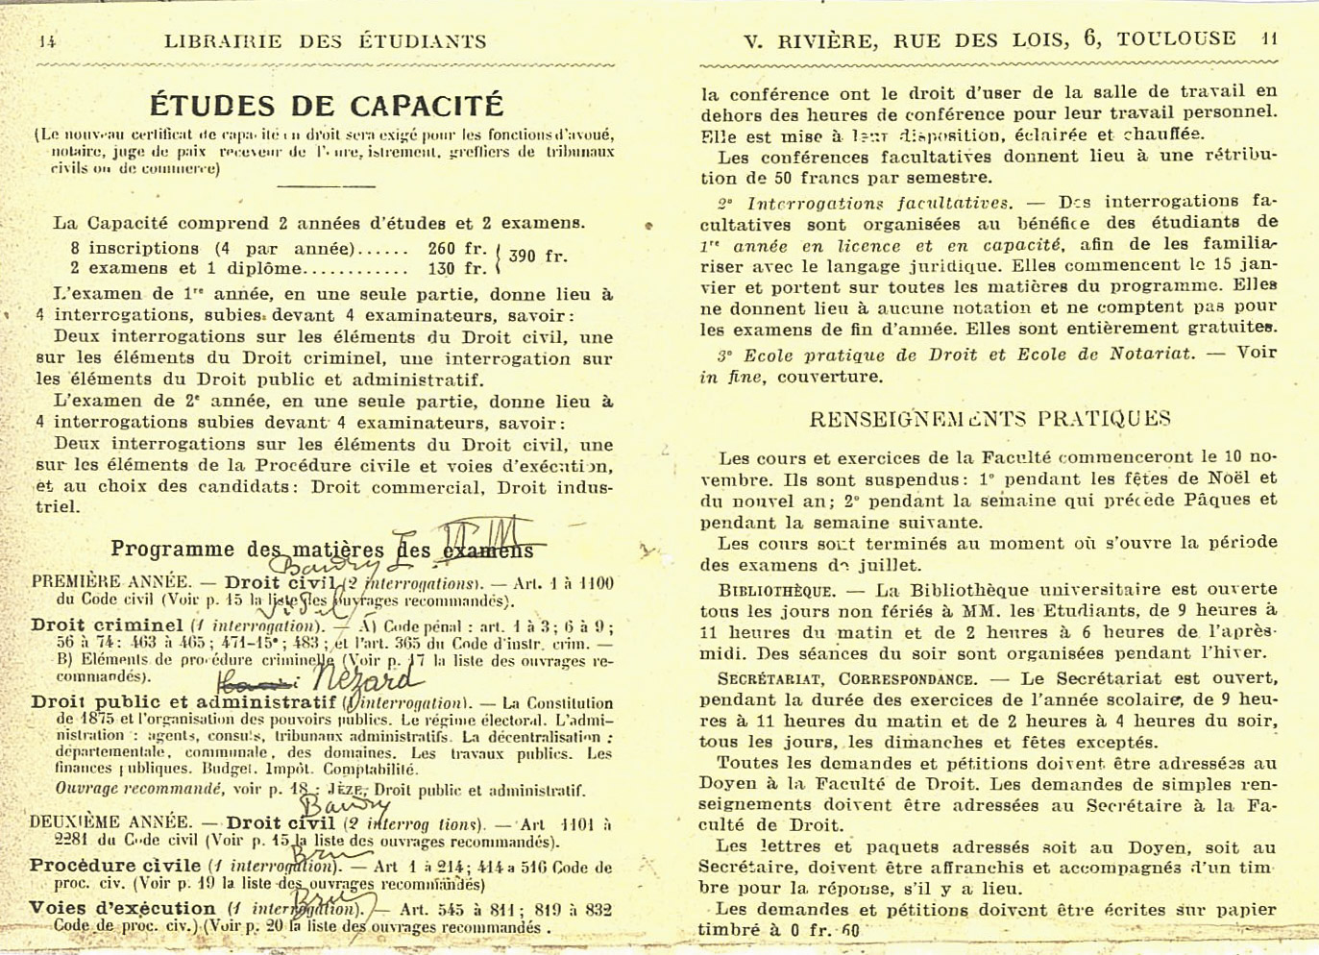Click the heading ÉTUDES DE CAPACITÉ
click(x=327, y=105)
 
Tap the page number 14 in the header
click(x=47, y=41)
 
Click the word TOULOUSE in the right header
click(x=1176, y=38)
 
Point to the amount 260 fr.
click(x=457, y=248)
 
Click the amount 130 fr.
click(x=457, y=269)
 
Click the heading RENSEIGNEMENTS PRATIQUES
click(x=989, y=419)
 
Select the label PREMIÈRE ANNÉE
click(x=110, y=582)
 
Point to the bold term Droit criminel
click(x=107, y=624)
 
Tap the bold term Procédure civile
click(x=114, y=866)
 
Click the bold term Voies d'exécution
click(x=122, y=908)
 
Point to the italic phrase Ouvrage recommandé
click(x=139, y=789)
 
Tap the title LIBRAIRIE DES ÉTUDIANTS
click(x=325, y=41)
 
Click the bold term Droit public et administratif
click(x=183, y=702)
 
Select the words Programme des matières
click(x=246, y=550)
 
